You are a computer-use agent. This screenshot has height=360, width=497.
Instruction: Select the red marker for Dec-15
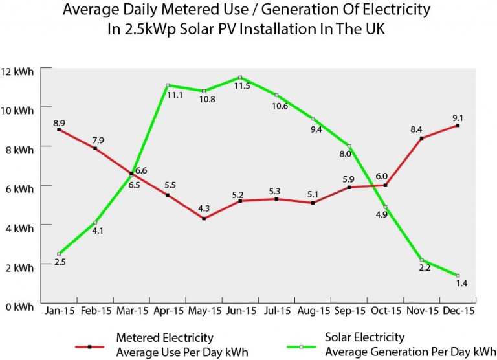458,126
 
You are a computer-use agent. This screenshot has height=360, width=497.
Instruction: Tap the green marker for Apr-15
168,85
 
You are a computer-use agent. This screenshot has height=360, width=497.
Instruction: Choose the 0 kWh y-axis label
20,306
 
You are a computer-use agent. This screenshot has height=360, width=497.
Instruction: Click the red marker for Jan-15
59,129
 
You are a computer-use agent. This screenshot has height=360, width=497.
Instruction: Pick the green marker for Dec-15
458,275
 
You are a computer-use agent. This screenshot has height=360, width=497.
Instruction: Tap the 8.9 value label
59,121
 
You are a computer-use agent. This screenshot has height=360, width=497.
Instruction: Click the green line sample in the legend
301,346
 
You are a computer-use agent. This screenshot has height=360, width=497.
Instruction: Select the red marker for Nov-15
422,138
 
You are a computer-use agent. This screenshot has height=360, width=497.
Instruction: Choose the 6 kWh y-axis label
20,188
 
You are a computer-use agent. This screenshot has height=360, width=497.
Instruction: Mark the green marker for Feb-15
95,223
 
